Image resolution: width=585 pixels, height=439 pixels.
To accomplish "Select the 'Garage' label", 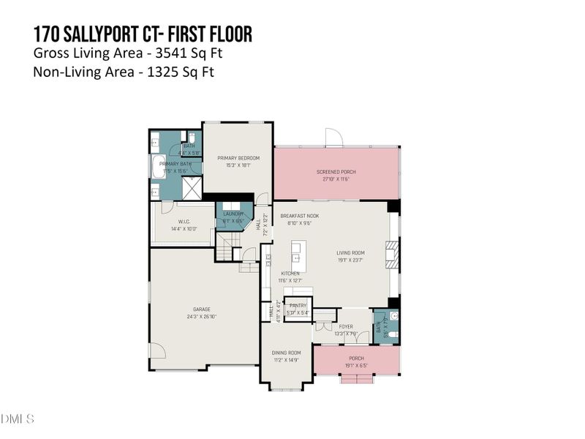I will (202, 309).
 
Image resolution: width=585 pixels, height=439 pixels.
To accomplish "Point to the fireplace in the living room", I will (393, 256).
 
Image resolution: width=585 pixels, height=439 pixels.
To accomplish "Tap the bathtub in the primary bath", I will (159, 166).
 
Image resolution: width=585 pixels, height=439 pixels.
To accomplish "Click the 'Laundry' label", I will (233, 214).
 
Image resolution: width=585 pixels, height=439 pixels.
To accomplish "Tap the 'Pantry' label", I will (298, 306).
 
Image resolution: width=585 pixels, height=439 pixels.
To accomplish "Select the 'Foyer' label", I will (345, 327).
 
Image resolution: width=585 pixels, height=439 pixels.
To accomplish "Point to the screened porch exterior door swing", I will (333, 137).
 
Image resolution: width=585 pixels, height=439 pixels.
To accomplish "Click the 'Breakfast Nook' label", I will (300, 217).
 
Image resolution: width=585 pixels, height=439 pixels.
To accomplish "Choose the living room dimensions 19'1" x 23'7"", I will (350, 260).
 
